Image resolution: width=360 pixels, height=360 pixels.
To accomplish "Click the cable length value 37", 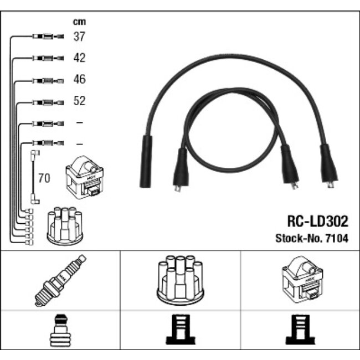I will pyautogui.click(x=79, y=37).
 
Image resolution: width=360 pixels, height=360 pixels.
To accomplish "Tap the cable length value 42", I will pyautogui.click(x=79, y=58).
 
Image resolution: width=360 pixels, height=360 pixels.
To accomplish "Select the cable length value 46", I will pyautogui.click(x=79, y=80).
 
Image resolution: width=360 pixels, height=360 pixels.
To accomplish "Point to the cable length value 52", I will pyautogui.click(x=79, y=101).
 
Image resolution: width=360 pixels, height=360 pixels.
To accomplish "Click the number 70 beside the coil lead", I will pyautogui.click(x=43, y=178).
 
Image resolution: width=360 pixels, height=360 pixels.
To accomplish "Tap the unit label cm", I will pyautogui.click(x=79, y=22).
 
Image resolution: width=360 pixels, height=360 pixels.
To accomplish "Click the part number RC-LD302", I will pyautogui.click(x=317, y=222).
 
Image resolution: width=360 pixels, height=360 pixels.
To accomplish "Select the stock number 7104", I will pyautogui.click(x=339, y=238).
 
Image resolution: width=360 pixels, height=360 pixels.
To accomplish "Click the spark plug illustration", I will pyautogui.click(x=60, y=280).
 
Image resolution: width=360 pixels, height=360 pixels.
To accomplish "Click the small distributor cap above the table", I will pyautogui.click(x=65, y=225).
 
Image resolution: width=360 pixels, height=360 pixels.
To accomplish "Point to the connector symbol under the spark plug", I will pyautogui.click(x=60, y=331).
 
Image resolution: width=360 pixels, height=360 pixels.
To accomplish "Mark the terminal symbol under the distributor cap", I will pyautogui.click(x=180, y=331).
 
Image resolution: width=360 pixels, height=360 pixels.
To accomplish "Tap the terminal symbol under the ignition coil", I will pyautogui.click(x=300, y=331).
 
